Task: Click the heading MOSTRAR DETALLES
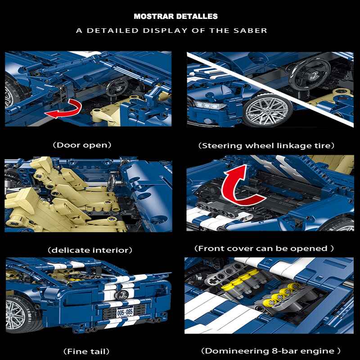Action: [175, 16]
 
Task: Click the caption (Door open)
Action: [82, 145]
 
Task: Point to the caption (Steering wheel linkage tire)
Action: [266, 146]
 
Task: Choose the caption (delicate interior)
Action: [90, 250]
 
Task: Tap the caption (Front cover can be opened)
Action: [264, 248]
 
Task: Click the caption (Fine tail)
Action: [86, 351]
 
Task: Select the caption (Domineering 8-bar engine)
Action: [271, 351]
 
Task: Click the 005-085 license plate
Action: [125, 312]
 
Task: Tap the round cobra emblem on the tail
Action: [121, 295]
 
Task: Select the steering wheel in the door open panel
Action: [117, 87]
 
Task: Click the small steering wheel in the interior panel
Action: [112, 183]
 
